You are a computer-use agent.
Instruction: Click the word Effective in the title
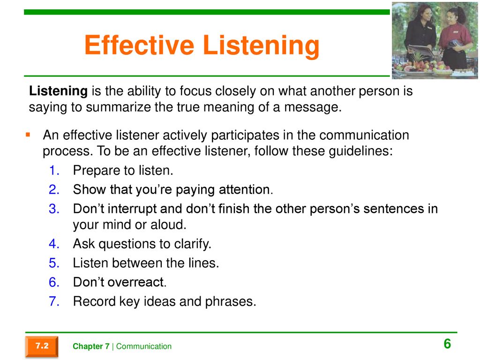click(x=139, y=45)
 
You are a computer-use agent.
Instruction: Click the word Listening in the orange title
click(x=261, y=46)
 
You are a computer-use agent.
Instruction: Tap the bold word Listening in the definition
click(x=58, y=91)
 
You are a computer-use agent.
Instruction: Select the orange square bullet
click(x=28, y=135)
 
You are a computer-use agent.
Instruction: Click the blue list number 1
click(x=54, y=171)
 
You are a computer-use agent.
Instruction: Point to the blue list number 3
click(x=54, y=209)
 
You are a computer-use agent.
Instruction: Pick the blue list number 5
click(x=54, y=263)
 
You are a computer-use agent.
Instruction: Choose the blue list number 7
click(x=54, y=301)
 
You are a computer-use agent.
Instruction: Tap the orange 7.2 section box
click(x=42, y=346)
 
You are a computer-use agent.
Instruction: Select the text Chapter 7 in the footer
click(x=91, y=346)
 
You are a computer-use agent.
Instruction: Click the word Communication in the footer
click(x=144, y=346)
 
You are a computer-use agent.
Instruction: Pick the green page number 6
click(x=447, y=344)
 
